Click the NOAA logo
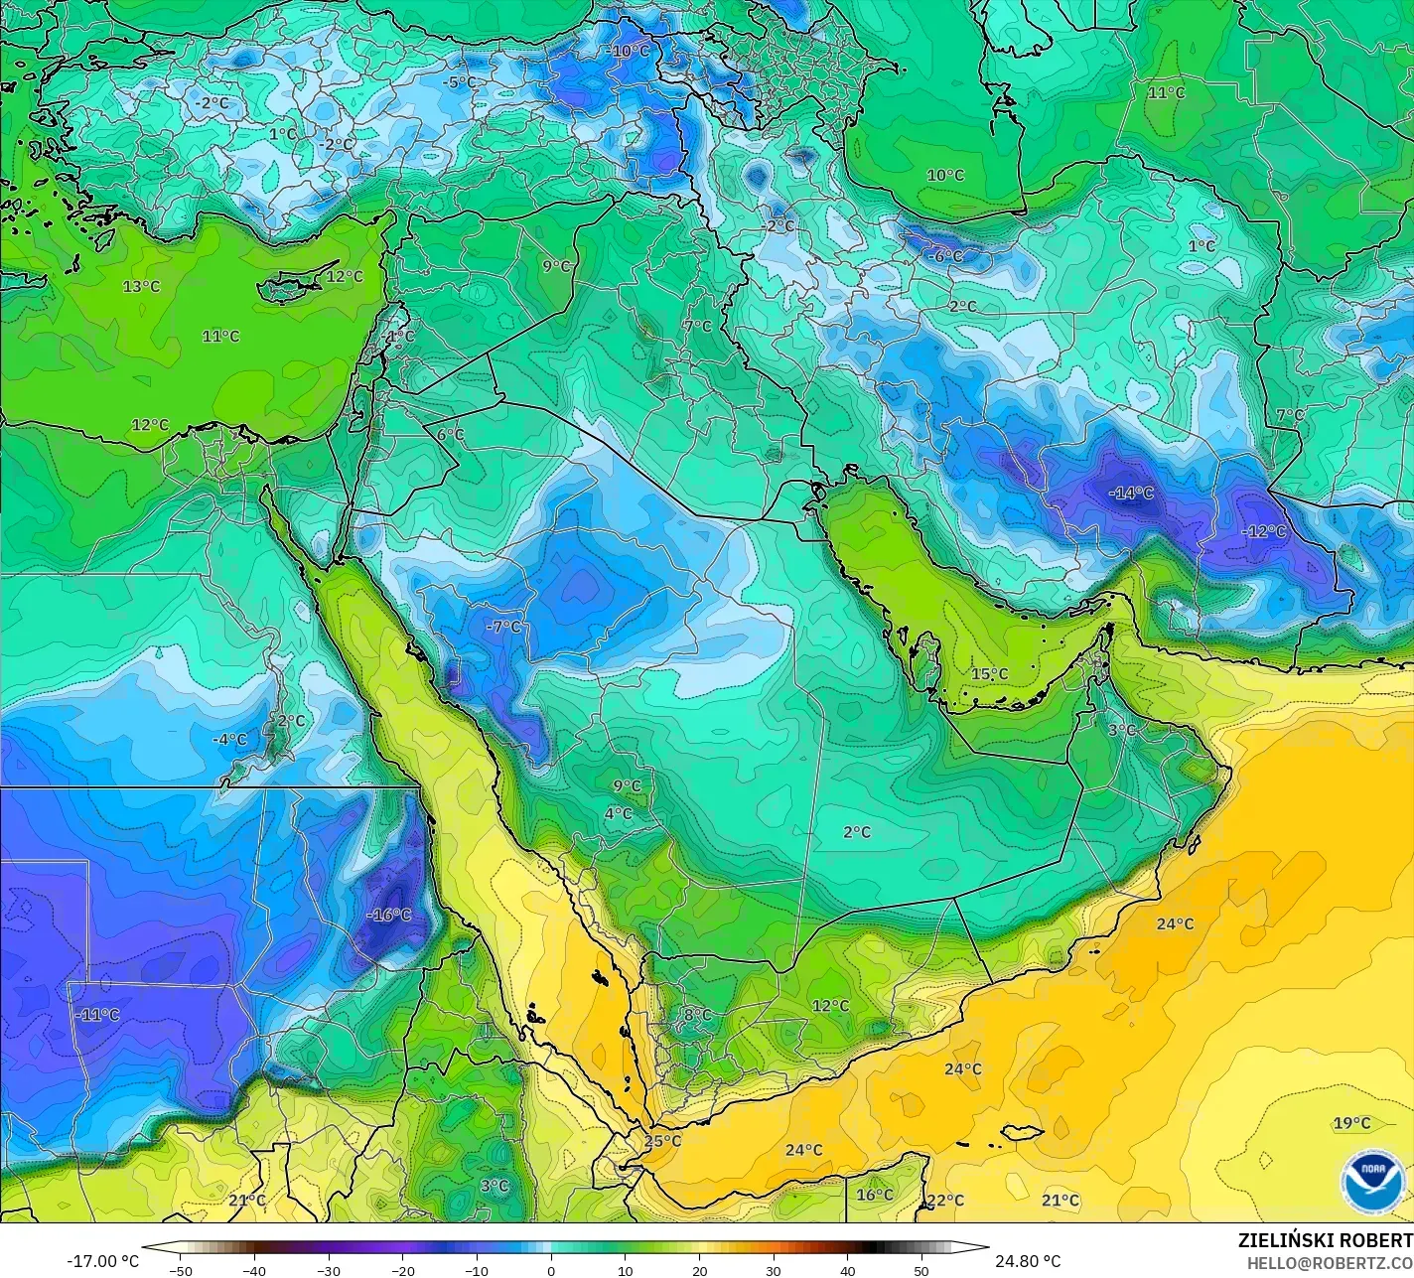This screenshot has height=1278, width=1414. [x=1373, y=1181]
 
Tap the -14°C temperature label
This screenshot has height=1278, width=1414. [x=1132, y=493]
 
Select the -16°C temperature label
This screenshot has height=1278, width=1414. [x=388, y=915]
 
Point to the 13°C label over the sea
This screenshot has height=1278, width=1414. [x=141, y=286]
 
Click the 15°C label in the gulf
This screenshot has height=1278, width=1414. [x=989, y=674]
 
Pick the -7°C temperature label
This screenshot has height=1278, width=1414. [x=503, y=627]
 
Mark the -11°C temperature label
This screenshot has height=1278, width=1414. [x=98, y=1015]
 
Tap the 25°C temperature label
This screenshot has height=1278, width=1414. [x=662, y=1141]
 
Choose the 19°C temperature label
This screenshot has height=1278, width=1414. [x=1351, y=1123]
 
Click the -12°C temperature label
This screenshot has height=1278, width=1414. [x=1264, y=531]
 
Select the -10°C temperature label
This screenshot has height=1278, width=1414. [x=628, y=51]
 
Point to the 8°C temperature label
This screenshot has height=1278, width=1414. [x=697, y=1015]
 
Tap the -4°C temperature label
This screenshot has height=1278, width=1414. [x=229, y=740]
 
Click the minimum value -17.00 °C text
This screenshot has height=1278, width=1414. [x=102, y=1261]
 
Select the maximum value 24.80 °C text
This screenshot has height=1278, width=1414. [x=1028, y=1261]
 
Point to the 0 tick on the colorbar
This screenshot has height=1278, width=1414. [x=551, y=1270]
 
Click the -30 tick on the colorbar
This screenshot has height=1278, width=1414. [x=329, y=1270]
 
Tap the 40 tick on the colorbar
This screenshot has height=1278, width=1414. [x=847, y=1270]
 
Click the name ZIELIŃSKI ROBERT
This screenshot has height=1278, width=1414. [x=1325, y=1240]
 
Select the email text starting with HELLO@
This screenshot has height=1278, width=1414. [x=1331, y=1262]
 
